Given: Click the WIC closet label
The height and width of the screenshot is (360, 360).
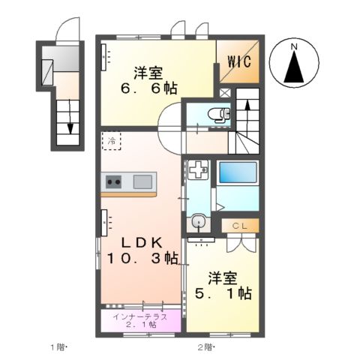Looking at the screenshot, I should pos(239,61).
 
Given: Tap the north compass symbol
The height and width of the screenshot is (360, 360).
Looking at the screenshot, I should pos(295,65).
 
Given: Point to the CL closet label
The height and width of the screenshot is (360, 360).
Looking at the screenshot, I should pos(239,225).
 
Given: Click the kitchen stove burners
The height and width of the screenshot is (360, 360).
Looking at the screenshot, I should pos(113,181).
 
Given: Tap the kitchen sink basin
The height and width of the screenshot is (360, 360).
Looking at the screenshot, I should pos(142,181).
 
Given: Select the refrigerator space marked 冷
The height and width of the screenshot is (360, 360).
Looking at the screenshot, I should pos(111,141).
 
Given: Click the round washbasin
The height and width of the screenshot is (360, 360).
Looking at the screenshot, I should pos(198,222).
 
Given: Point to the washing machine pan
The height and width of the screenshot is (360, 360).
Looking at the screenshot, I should pos(197,171).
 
